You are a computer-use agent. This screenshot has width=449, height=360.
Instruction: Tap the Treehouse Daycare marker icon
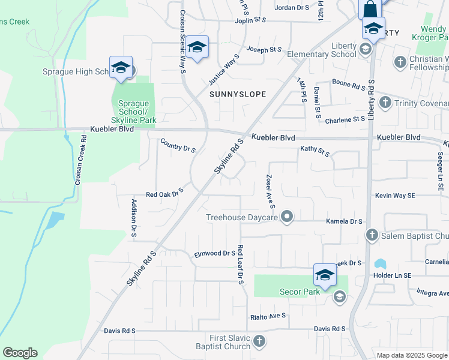pos(288,217)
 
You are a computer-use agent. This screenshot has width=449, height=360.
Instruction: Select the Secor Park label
pos(300,292)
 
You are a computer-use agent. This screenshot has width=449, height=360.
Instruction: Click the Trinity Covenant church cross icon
pos(385,103)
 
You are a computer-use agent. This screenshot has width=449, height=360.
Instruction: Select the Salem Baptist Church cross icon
pos(372,235)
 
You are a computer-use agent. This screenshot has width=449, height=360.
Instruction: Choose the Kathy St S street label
pos(315,151)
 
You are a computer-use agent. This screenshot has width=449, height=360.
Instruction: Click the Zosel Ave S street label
pos(270,192)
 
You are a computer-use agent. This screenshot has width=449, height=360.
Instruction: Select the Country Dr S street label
pos(178,145)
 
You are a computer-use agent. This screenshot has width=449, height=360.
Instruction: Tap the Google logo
pos(20,353)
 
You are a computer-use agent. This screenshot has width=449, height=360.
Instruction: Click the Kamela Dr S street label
pos(344,221)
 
